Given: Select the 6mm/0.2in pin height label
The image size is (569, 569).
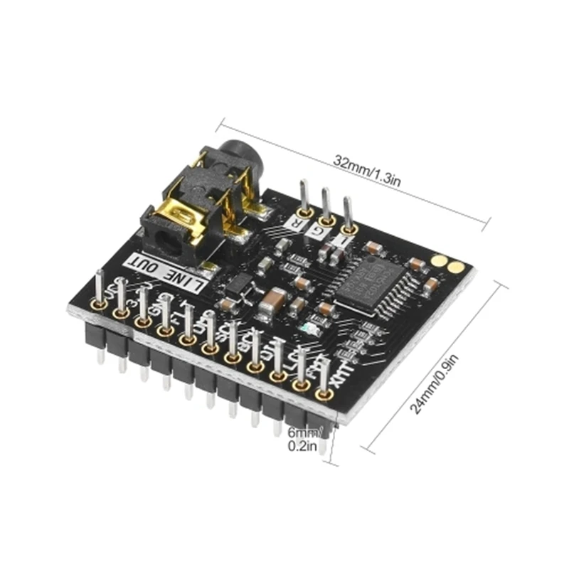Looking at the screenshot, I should (304, 439).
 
